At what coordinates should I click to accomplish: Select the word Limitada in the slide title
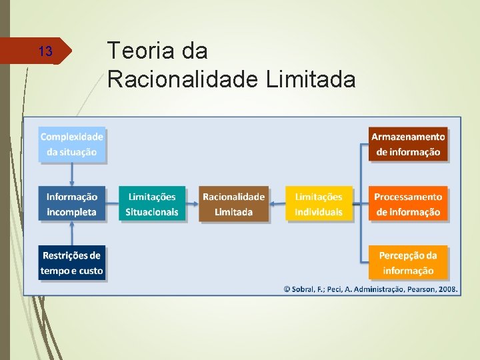tap(311, 80)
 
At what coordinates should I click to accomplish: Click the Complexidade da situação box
tap(72, 144)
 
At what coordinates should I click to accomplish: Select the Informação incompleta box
tap(72, 204)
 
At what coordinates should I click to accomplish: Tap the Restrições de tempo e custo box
tap(72, 263)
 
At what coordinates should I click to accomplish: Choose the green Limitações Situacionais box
tap(152, 204)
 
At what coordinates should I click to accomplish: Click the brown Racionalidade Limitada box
tap(233, 204)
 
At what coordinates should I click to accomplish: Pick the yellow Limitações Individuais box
tap(319, 204)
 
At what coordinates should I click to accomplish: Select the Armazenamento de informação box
tap(408, 144)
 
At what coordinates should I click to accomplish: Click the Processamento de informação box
tap(408, 204)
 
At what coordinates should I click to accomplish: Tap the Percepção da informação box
tap(408, 263)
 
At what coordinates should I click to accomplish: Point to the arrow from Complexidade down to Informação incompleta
tap(72, 174)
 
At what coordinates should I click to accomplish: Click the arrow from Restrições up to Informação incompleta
tap(72, 233)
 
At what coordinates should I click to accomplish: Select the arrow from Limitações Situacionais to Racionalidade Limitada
tap(193, 204)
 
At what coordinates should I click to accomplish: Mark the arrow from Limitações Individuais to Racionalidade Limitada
tap(279, 204)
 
